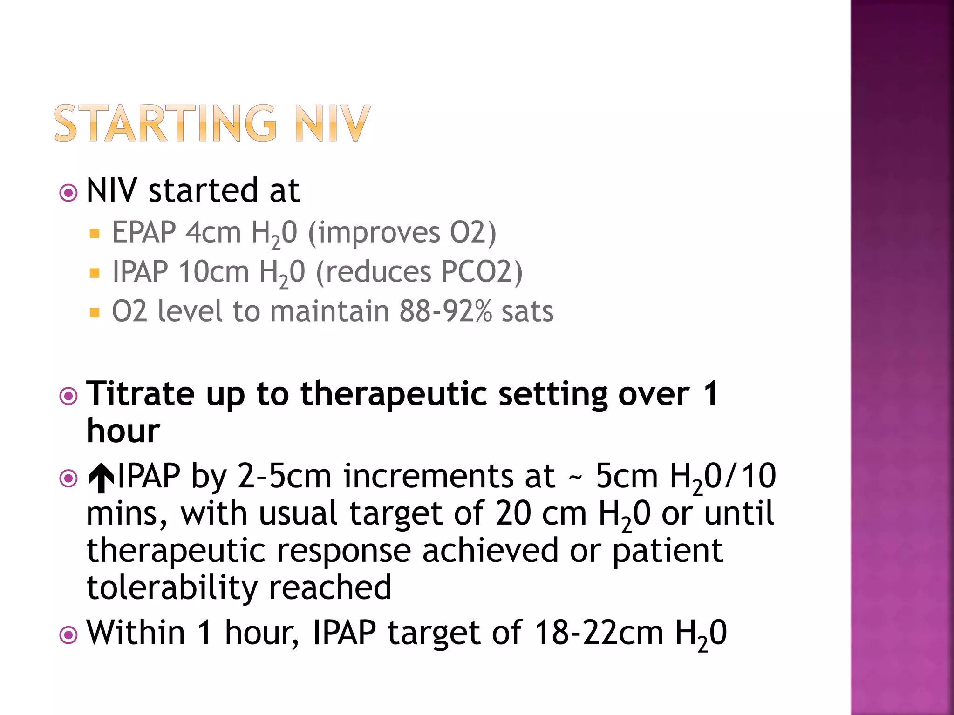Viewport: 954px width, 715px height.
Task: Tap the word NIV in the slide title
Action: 333,123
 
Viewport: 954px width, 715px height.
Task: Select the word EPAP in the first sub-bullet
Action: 144,232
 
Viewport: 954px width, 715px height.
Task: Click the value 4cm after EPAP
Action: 213,232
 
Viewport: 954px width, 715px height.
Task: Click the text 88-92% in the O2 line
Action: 445,311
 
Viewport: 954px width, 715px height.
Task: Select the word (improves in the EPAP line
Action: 374,232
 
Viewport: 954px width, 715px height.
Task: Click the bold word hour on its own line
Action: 123,431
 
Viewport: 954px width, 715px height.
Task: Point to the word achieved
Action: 490,551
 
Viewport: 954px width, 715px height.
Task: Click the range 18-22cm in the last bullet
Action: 599,633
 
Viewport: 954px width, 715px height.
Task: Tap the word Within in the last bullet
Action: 136,633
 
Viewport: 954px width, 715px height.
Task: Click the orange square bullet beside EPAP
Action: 95,233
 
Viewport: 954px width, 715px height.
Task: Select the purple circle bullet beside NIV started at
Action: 68,193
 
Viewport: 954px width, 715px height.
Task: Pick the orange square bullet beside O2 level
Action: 95,312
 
